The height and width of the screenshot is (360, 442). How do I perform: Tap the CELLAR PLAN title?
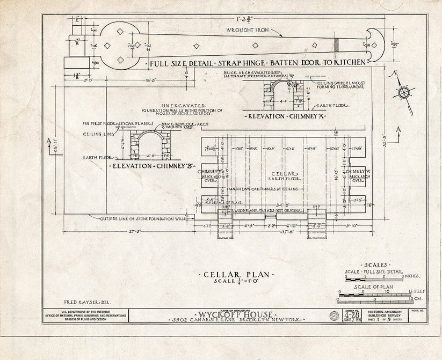[x=237, y=275]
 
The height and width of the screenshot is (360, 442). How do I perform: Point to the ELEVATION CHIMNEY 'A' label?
[x=280, y=116]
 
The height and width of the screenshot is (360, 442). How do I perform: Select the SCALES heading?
[x=374, y=266]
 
